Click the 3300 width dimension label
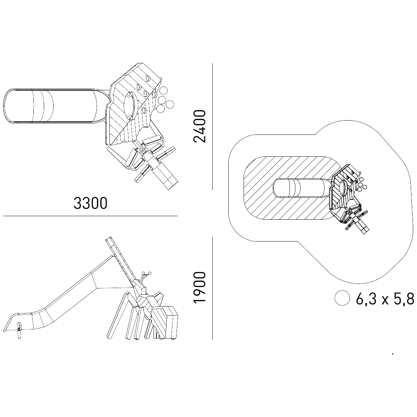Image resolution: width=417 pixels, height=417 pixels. click(x=90, y=203)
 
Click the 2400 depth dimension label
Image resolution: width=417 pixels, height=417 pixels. click(x=199, y=126)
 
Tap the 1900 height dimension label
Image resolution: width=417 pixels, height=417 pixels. click(x=199, y=288)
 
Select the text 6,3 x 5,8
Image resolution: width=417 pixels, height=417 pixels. click(x=385, y=299)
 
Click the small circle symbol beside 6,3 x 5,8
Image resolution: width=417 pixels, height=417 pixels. click(x=342, y=298)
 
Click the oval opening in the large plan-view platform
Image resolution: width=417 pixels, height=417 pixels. click(x=130, y=106)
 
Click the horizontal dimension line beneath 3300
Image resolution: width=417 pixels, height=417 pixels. click(x=90, y=216)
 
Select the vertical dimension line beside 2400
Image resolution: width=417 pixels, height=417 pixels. click(x=213, y=126)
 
